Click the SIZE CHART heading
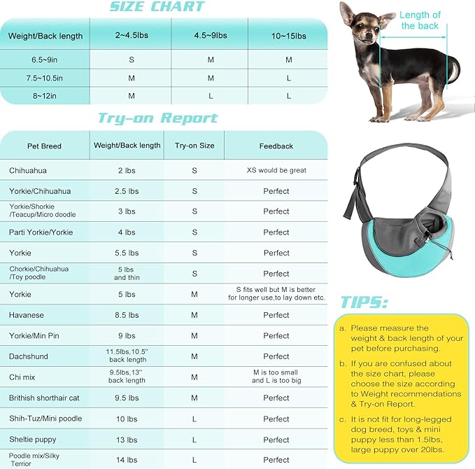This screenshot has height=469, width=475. pyautogui.click(x=157, y=8)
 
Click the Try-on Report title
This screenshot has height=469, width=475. pyautogui.click(x=157, y=118)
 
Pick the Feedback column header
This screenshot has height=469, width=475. pyautogui.click(x=276, y=146)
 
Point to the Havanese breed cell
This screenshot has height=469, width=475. pyautogui.click(x=27, y=315)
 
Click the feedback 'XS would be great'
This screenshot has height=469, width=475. pyautogui.click(x=276, y=170)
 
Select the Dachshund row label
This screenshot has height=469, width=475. pyautogui.click(x=29, y=356)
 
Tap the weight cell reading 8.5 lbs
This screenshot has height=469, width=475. pyautogui.click(x=127, y=315)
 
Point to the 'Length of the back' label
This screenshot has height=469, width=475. pyautogui.click(x=420, y=20)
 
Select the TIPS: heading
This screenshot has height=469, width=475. pyautogui.click(x=364, y=302)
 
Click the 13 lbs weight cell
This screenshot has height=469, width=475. pyautogui.click(x=127, y=440)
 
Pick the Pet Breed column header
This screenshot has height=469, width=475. pyautogui.click(x=44, y=146)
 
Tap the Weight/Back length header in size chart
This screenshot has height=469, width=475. pyautogui.click(x=45, y=36)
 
